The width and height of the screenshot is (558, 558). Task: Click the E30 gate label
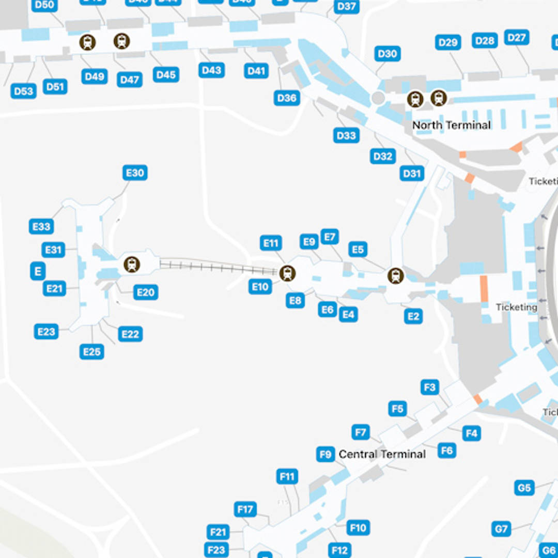point(135,173)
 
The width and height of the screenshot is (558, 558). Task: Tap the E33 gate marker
point(41,226)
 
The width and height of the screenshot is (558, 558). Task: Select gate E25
point(92,352)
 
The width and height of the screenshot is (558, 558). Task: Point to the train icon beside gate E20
point(132,265)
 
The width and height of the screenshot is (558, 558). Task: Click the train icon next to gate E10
point(287,273)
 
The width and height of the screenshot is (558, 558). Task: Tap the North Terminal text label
point(452,125)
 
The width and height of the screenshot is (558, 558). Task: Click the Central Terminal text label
point(382,454)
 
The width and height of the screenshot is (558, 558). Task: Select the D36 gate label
point(287,98)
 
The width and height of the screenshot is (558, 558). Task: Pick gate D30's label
point(387,53)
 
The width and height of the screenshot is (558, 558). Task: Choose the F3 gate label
point(430,387)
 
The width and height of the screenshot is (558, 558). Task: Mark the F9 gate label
point(326,455)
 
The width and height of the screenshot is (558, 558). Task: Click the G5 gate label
point(524,488)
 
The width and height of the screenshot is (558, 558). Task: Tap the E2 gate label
point(413,316)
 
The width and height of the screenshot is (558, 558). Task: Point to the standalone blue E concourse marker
point(38,271)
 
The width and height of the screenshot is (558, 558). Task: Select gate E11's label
point(271,243)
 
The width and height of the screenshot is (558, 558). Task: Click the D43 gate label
point(211,70)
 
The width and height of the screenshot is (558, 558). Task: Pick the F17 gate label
point(245,509)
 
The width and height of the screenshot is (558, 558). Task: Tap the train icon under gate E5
point(396,276)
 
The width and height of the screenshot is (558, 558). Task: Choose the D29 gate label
point(447,42)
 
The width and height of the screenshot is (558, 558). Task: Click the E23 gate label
point(47,331)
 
